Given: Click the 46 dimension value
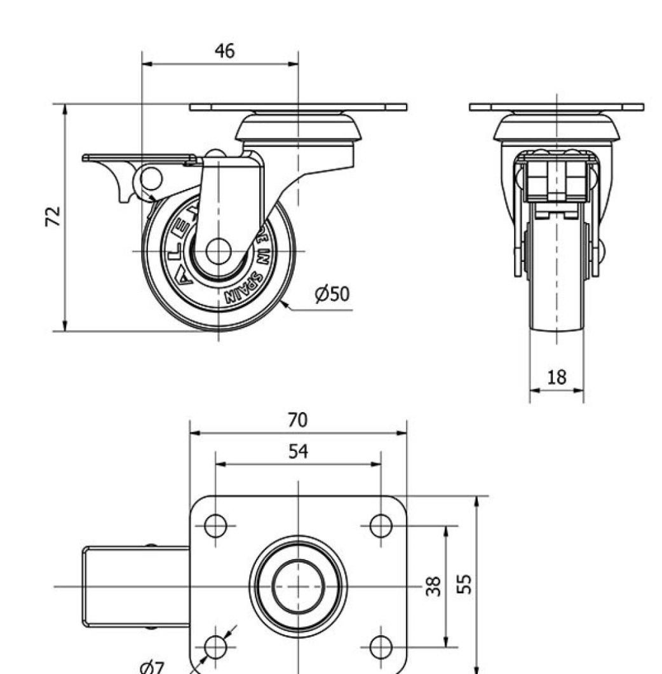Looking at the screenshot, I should pyautogui.click(x=224, y=51).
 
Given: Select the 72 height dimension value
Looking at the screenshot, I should pyautogui.click(x=55, y=216).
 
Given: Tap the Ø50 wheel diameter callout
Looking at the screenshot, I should pyautogui.click(x=332, y=294).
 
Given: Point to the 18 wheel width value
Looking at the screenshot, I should pyautogui.click(x=557, y=377).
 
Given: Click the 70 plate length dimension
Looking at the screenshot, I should pyautogui.click(x=297, y=420).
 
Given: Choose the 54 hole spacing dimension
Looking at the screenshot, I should pyautogui.click(x=298, y=451).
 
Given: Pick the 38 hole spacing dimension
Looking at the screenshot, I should pyautogui.click(x=433, y=586).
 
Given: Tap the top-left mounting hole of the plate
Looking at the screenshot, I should pyautogui.click(x=215, y=526).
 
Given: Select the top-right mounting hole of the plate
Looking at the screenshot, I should pyautogui.click(x=381, y=526).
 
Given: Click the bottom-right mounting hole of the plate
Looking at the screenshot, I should pyautogui.click(x=381, y=647).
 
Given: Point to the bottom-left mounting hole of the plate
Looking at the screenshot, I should pyautogui.click(x=215, y=647).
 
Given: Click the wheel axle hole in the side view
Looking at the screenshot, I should pyautogui.click(x=218, y=251).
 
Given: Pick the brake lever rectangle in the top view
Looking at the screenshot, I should pyautogui.click(x=135, y=586).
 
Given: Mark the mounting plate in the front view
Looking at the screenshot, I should pyautogui.click(x=557, y=107).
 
